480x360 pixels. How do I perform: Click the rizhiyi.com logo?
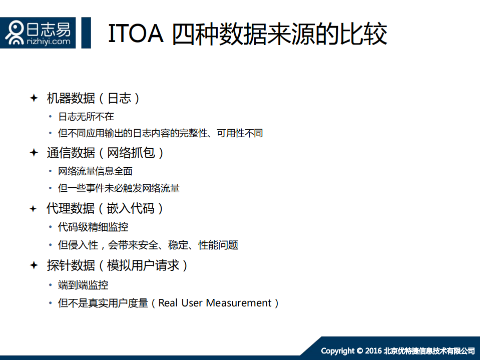[x=39, y=33]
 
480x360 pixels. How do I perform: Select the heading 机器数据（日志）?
[x=93, y=98]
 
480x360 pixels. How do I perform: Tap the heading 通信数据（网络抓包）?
[x=106, y=153]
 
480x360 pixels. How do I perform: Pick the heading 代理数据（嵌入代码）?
[x=106, y=208]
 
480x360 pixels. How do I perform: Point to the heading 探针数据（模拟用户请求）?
[x=118, y=265]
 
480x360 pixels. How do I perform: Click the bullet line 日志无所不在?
[x=86, y=117]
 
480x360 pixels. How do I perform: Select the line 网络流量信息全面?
[x=95, y=171]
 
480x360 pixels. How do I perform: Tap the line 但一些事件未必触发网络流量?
[x=119, y=189]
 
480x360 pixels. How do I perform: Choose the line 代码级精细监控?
[x=93, y=227]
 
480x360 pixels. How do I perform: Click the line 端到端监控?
[x=83, y=285]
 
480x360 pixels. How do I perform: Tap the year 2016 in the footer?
[x=373, y=350]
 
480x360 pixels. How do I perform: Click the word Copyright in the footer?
[x=338, y=350]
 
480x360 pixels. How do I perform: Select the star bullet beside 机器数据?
[x=34, y=98]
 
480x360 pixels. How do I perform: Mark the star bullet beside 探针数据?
[x=34, y=265]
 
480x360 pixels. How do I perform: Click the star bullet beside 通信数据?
[x=34, y=153]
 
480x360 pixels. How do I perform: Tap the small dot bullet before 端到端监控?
[x=50, y=285]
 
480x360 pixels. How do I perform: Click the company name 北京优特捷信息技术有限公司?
[x=429, y=350]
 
